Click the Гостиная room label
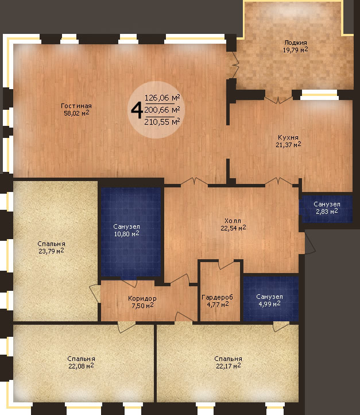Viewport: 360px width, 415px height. pos(76,106)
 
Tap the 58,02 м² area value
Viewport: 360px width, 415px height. pos(76,113)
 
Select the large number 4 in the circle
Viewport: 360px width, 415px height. pos(137,110)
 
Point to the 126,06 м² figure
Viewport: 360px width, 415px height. pos(162,98)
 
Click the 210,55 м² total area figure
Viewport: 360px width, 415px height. pos(162,122)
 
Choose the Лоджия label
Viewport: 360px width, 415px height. pos(296,43)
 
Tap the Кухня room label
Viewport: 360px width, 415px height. pos(288,137)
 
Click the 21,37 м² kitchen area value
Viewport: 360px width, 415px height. pos(288,145)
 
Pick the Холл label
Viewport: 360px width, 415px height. pos(233,221)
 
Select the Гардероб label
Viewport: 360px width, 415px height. pos(217,298)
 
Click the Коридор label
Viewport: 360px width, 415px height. pos(142,298)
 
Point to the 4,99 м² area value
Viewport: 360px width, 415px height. pos(269,304)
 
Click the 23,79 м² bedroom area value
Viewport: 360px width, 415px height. pos(51,251)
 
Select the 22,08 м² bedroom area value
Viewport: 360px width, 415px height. pos(81,366)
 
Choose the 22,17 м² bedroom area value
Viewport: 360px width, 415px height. pos(229,366)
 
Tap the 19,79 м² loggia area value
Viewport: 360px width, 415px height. pos(296,50)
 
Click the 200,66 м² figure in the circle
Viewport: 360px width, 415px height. pos(162,110)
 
